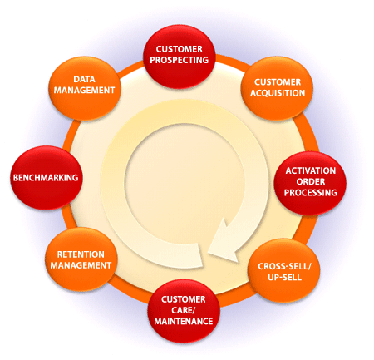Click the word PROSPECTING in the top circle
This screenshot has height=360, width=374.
[180, 60]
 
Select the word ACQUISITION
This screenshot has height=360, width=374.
[278, 93]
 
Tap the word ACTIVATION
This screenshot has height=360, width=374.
[311, 170]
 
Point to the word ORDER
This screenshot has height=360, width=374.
[311, 181]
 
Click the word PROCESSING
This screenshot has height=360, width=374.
[311, 192]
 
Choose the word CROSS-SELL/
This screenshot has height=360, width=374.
[284, 266]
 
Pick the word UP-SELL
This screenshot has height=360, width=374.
[284, 277]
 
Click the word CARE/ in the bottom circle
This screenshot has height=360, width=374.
[184, 310]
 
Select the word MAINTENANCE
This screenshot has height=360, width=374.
[184, 321]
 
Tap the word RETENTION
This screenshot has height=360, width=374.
[81, 254]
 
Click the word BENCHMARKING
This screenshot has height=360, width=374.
[46, 178]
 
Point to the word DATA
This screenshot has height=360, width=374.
[84, 79]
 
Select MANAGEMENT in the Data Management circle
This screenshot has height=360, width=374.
[84, 90]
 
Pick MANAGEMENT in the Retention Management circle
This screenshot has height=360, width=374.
[81, 265]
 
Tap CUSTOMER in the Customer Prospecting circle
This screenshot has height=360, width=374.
[180, 49]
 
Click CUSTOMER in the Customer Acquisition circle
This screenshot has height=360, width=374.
[278, 82]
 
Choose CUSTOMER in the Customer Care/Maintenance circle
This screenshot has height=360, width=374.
[184, 299]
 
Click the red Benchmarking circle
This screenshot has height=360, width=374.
[47, 178]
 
